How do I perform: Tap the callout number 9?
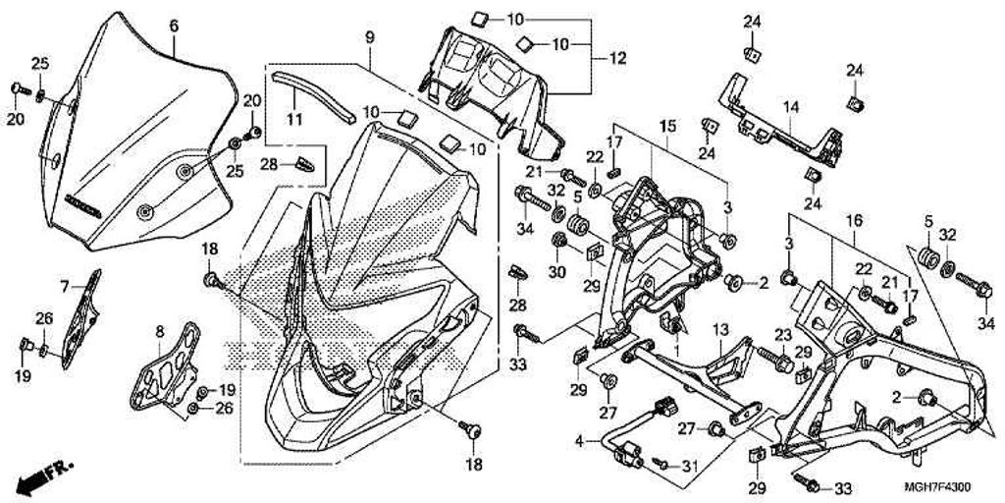click(x=369, y=37)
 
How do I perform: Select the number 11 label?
click(x=293, y=120)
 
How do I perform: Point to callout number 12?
click(x=616, y=58)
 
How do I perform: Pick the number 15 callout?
click(x=666, y=127)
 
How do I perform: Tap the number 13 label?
click(x=717, y=329)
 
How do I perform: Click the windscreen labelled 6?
click(x=137, y=147)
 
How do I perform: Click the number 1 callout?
click(x=674, y=350)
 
